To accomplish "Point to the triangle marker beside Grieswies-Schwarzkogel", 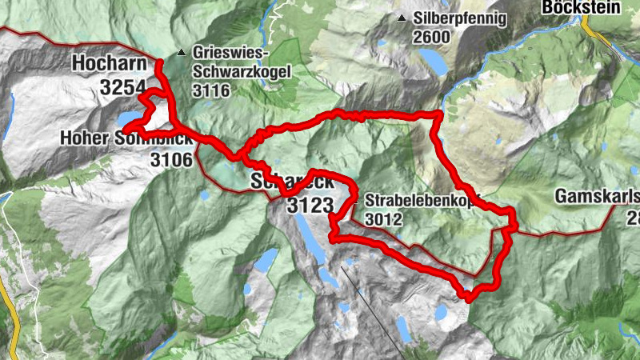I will tap(182, 54).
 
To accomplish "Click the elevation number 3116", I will tap(210, 90).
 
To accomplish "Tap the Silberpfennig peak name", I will tap(460, 17).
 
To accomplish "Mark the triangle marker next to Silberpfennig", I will tap(401, 18).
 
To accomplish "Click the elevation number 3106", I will tap(171, 160).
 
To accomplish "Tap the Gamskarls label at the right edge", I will tap(597, 197).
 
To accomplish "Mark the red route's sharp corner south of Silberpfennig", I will tap(438, 115).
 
